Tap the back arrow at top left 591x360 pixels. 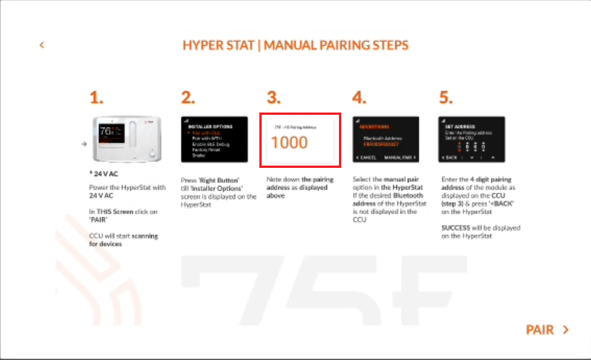point(42,45)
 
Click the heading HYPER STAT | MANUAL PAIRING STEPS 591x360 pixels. point(295,45)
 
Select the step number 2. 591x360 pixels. point(188,97)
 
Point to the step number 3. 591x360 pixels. point(274,97)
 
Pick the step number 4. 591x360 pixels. point(359,97)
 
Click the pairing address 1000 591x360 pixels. point(289,143)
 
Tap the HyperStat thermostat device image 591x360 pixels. point(126,139)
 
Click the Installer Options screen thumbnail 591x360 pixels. point(214,139)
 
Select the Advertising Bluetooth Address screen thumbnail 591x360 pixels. point(386,139)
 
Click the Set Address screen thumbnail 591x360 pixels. point(472,139)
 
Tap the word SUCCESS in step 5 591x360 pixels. point(455,228)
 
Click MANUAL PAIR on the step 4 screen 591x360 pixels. point(400,157)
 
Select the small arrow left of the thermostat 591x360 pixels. point(84,144)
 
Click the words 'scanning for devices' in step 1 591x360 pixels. point(124,240)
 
